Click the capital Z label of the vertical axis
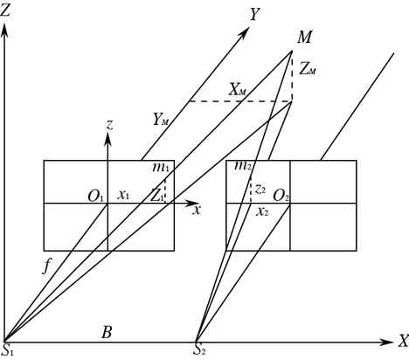pos(6,11)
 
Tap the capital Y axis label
pos(254,14)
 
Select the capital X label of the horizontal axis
pos(404,341)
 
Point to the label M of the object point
pos(304,38)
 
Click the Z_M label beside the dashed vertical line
pos(308,70)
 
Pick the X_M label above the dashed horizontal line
pos(238,90)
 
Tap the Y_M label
pos(161,119)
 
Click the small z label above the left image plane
pos(109,125)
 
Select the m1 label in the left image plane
pos(161,167)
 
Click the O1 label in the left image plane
pos(95,197)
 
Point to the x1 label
pos(123,195)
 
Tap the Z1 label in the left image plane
pos(156,196)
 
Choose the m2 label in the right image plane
pos(243,166)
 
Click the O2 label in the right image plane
pos(281,196)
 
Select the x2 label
pos(262,212)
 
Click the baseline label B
pos(107,332)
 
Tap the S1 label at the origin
pos(7,350)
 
